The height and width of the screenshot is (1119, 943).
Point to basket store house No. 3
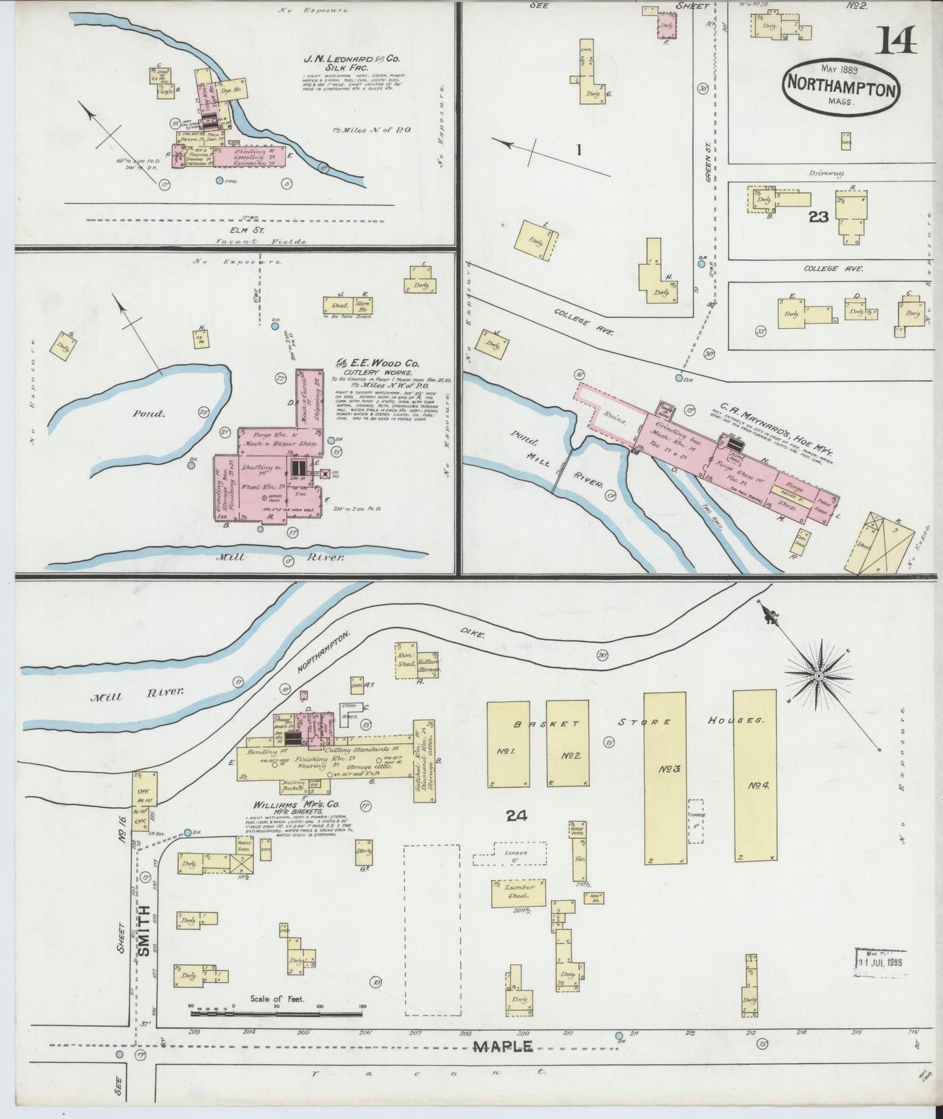coord(665,777)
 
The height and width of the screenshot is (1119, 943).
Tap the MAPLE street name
coord(502,1047)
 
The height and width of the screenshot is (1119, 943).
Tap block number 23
coord(818,217)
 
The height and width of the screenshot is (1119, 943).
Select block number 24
coord(519,814)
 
